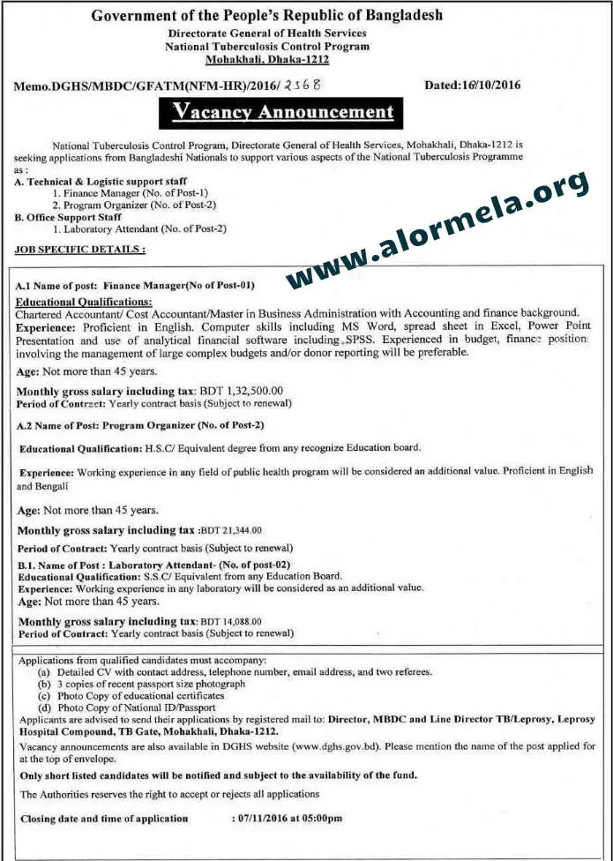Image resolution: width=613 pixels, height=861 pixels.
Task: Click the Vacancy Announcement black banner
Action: [283, 113]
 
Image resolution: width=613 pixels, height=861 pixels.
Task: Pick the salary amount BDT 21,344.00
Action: [231, 530]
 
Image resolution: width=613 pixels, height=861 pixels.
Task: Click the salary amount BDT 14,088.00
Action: [231, 621]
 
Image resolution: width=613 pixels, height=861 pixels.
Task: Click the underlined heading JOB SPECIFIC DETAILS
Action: [80, 250]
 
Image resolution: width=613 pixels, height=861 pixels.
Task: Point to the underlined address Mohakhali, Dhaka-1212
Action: [266, 59]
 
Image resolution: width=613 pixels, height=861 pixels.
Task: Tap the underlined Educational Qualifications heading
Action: [84, 302]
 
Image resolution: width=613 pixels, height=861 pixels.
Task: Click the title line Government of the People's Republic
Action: [267, 16]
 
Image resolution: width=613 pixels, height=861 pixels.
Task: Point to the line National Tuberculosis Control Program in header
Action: [267, 47]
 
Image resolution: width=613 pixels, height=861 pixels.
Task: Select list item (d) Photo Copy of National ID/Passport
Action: [131, 708]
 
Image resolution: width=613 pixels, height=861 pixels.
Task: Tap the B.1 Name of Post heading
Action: [154, 564]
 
